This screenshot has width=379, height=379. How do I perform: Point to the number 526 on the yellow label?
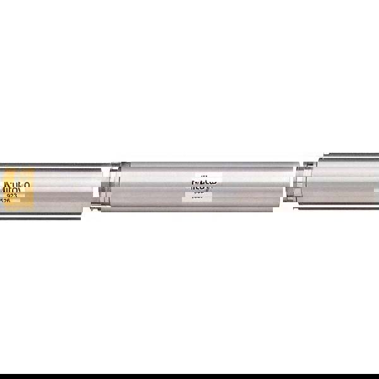click(5, 202)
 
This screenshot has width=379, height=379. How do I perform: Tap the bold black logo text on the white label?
click(203, 184)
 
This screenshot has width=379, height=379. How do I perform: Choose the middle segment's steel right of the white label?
click(253, 185)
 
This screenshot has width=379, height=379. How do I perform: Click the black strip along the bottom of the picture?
click(189, 376)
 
